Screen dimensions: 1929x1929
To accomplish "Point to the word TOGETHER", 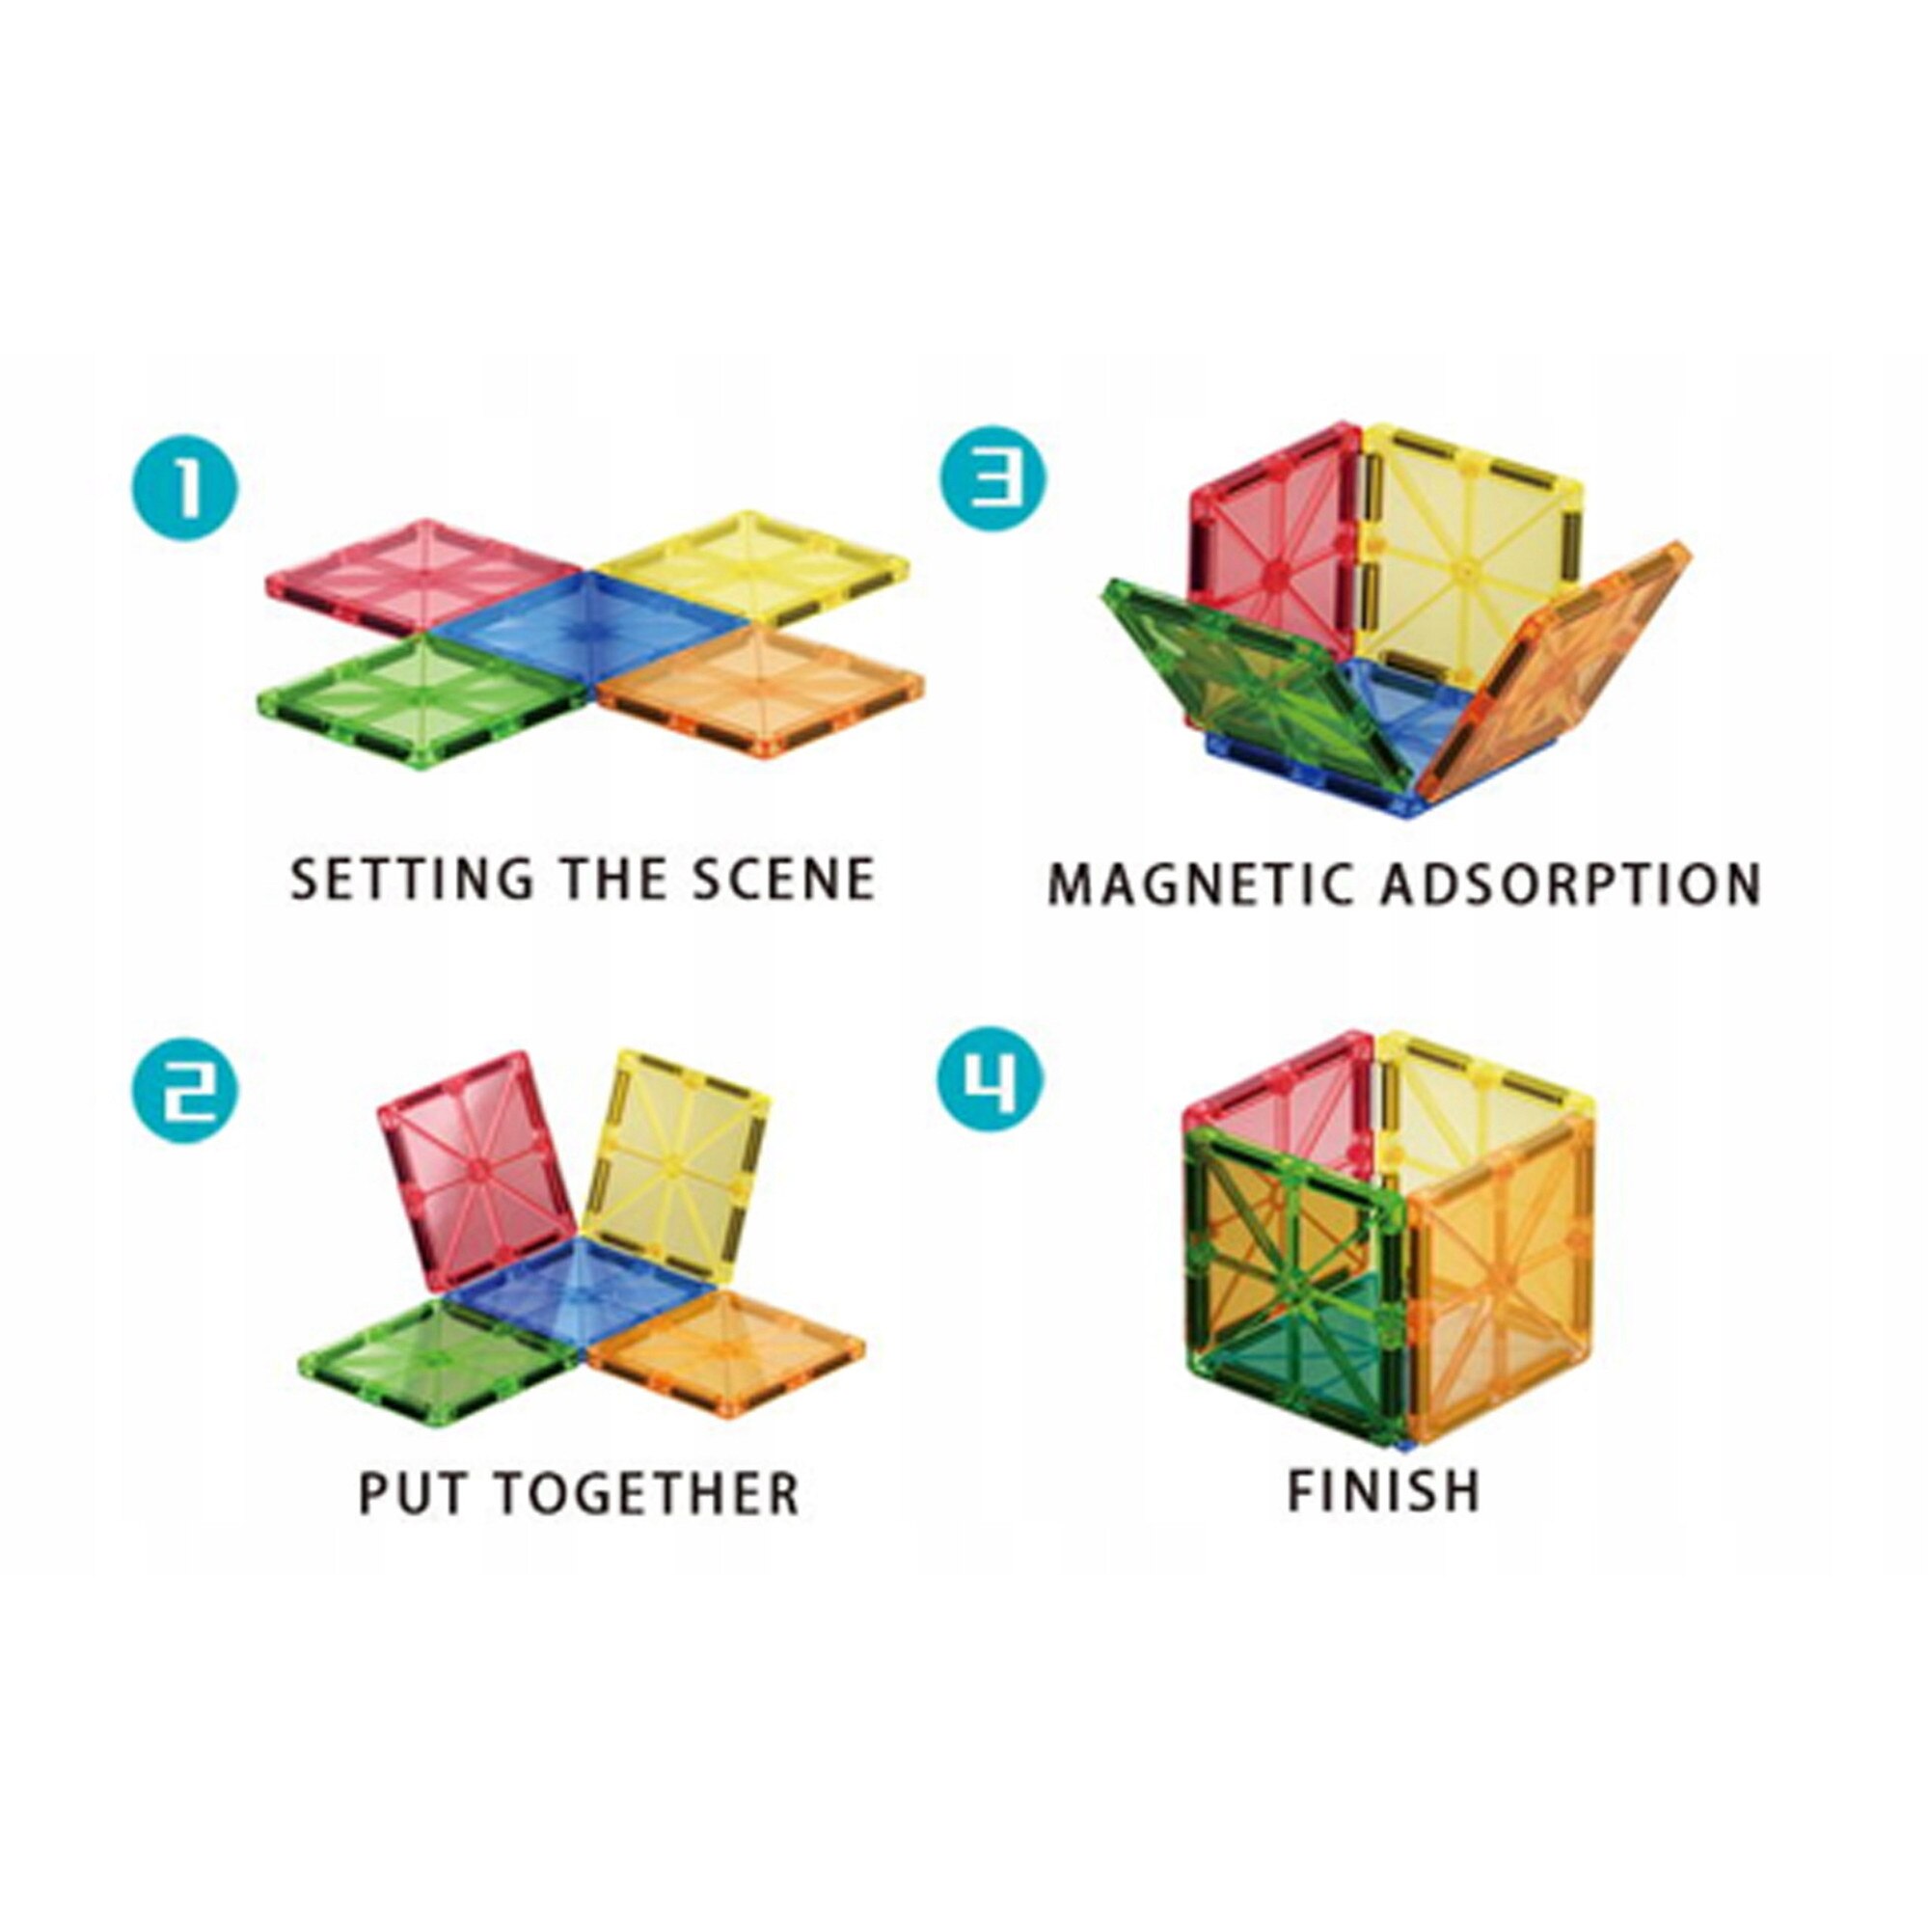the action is [648, 1521].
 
